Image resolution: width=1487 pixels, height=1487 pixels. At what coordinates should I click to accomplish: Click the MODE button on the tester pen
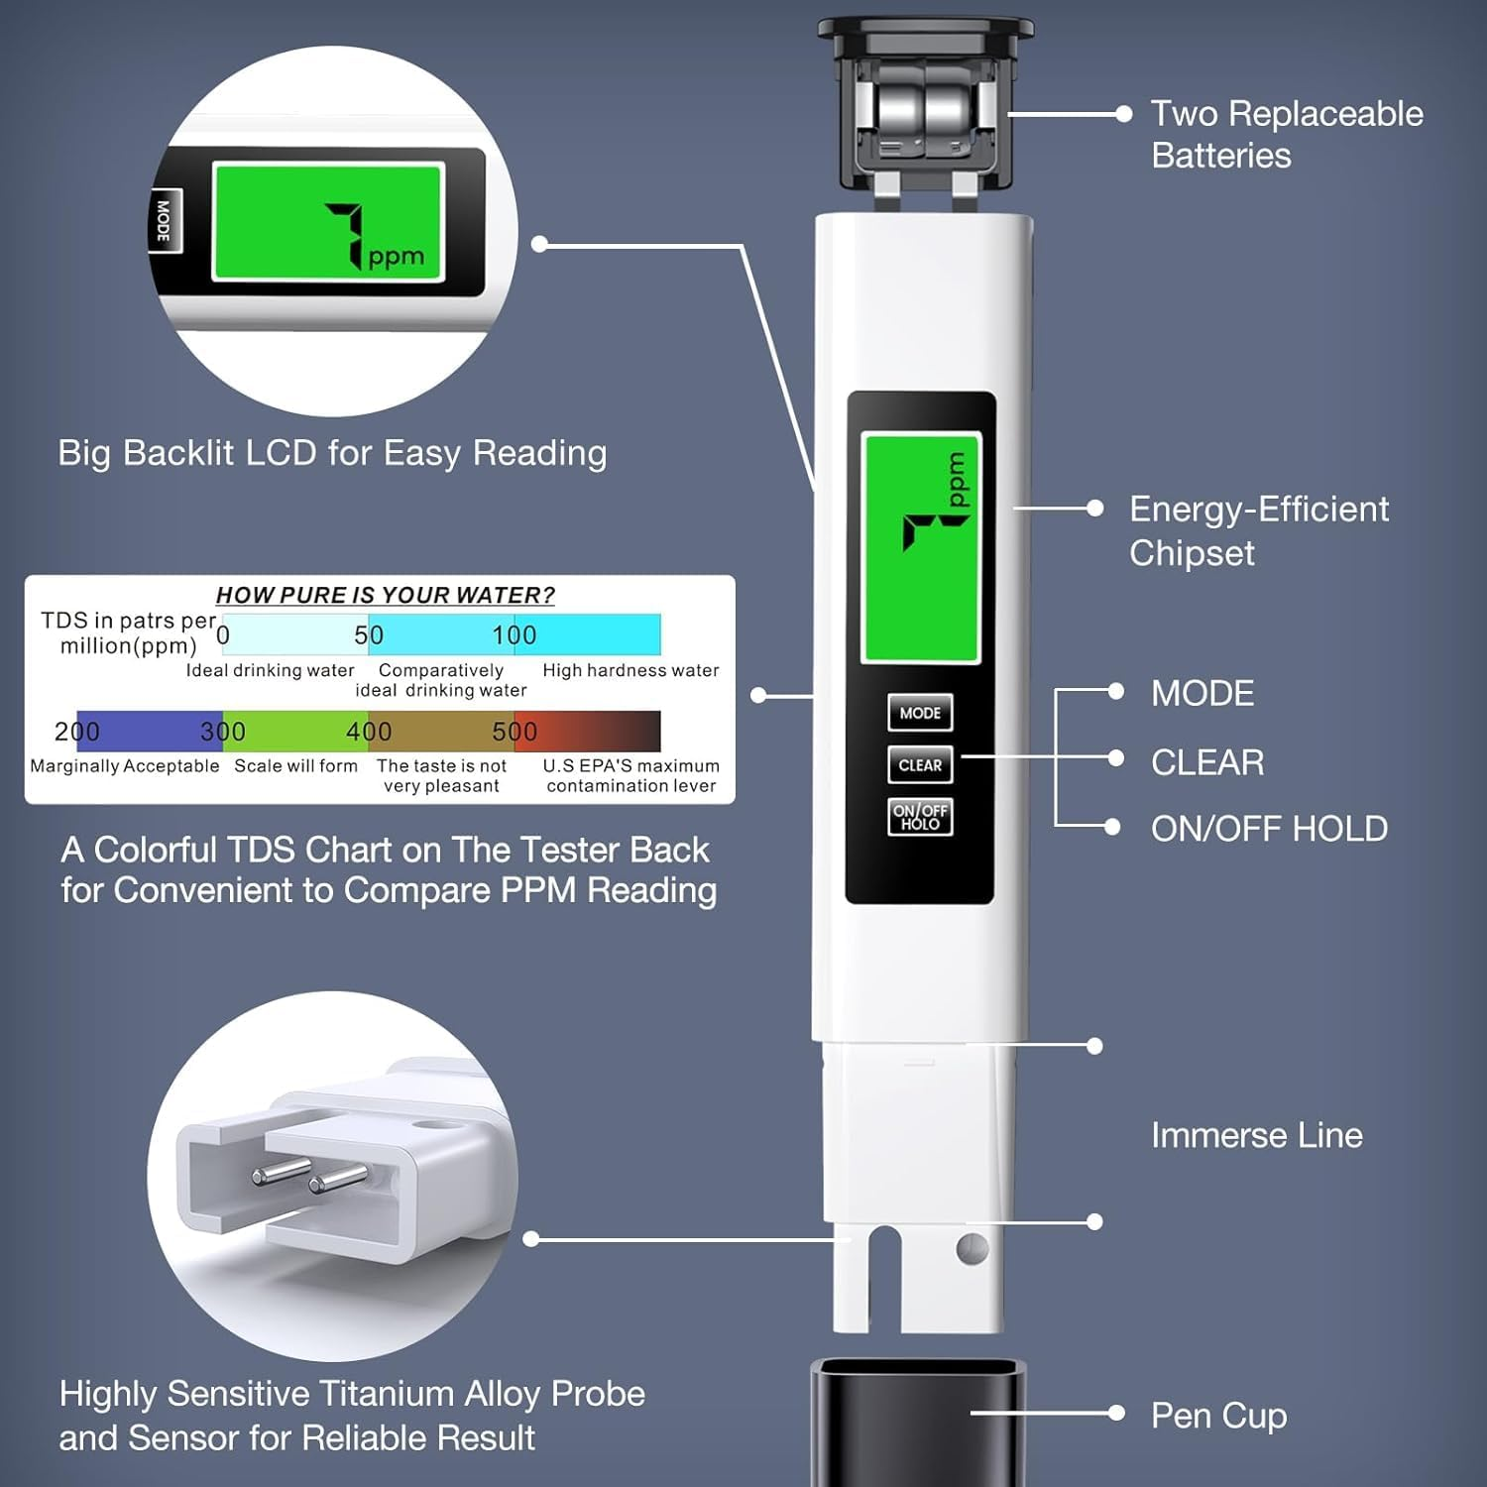(x=920, y=713)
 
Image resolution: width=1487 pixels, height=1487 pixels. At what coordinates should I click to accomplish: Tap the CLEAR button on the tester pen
(x=920, y=765)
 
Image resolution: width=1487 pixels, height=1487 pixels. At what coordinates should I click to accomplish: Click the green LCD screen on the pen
(x=921, y=547)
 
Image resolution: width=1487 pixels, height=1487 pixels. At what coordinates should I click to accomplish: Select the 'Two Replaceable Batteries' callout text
(x=1286, y=134)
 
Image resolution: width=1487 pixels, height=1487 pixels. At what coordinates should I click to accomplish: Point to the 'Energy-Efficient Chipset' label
(x=1258, y=530)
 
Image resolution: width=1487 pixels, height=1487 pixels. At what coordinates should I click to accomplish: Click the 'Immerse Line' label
(x=1256, y=1135)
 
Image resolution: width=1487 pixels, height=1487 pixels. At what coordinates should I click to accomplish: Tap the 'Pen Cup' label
(x=1218, y=1416)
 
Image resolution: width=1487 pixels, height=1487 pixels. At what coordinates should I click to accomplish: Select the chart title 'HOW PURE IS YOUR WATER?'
(x=385, y=595)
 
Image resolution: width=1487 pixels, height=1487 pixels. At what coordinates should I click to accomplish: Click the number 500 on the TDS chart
(x=515, y=732)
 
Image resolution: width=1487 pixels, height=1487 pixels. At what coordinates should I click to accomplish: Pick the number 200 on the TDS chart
(x=76, y=732)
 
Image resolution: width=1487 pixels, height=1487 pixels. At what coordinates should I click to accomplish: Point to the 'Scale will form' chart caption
(x=295, y=766)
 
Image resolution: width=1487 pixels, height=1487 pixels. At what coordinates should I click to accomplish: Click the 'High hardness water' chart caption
(x=630, y=670)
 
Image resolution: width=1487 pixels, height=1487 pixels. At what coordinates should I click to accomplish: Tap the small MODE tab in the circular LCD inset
(x=165, y=220)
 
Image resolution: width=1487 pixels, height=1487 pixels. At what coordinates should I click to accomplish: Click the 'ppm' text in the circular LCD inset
(x=396, y=258)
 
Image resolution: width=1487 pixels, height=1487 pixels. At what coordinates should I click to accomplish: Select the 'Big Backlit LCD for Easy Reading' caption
(x=332, y=453)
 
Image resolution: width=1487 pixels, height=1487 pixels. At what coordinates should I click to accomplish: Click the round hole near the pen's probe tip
(x=972, y=1248)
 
